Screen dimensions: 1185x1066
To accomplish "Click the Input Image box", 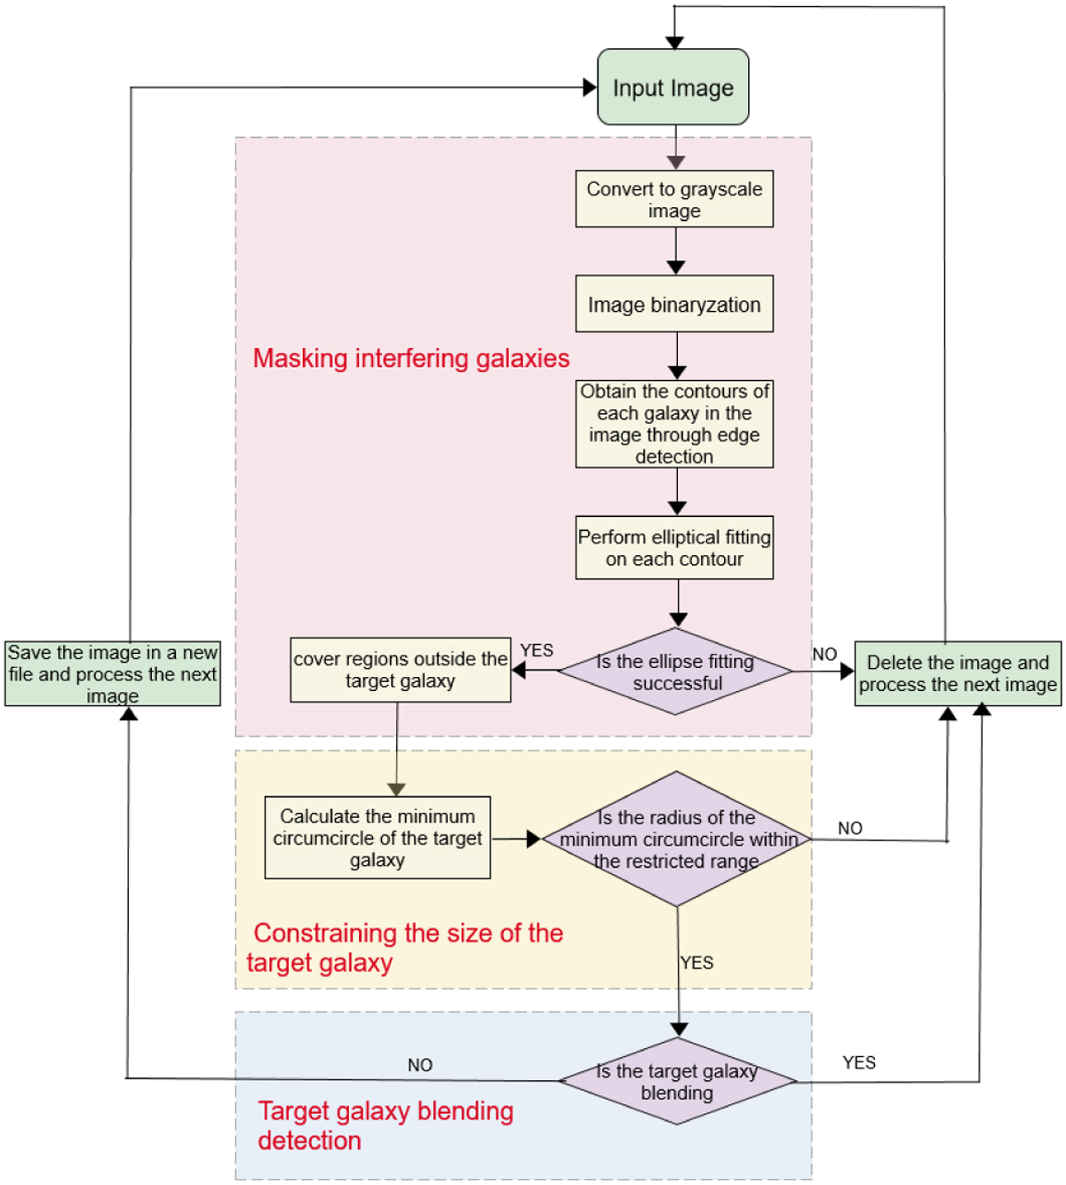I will point(673,87).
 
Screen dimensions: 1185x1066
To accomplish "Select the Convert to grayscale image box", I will point(674,199).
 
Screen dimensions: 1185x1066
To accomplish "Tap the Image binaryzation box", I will point(674,304).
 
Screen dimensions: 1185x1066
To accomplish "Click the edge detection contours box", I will point(674,424).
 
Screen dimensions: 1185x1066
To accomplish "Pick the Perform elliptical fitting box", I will point(674,547).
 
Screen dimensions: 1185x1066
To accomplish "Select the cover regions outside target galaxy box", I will point(400,670).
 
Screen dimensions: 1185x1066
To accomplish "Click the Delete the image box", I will point(958,673).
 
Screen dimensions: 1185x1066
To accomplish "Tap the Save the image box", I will point(113,673).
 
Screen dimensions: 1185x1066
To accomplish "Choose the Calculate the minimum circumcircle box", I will point(378,838).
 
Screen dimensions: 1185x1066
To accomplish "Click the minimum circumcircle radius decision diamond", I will point(677,839).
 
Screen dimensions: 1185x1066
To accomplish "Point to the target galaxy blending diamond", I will point(677,1081).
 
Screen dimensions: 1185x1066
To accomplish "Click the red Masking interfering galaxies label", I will point(411,358).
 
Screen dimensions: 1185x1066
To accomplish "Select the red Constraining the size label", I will point(405,947).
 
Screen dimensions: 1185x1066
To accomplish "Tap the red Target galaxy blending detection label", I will point(386,1125).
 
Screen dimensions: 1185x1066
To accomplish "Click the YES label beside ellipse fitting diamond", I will point(537,650).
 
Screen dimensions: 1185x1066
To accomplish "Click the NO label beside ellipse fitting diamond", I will point(824,654).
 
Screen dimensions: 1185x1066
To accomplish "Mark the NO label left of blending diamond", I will point(420,1065).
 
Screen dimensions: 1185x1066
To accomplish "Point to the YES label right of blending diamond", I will point(859,1062).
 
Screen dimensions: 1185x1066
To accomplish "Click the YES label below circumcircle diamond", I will point(697,962).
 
